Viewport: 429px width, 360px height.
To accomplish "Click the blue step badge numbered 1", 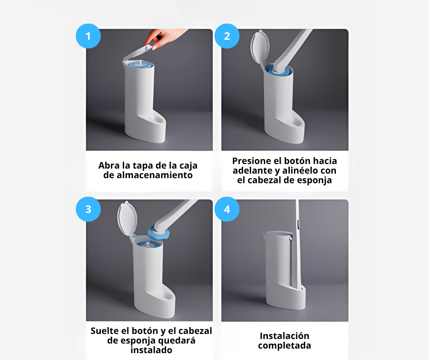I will (88, 36).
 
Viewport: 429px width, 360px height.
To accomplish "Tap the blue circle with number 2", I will (227, 36).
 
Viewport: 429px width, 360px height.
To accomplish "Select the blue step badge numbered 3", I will (88, 209).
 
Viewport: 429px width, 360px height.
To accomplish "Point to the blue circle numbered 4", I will (227, 209).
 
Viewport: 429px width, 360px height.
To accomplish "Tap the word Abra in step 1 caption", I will (108, 165).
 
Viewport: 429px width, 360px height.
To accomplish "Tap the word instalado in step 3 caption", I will (151, 350).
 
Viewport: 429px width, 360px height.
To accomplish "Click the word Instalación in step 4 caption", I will (284, 336).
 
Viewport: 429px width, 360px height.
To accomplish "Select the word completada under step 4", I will (284, 345).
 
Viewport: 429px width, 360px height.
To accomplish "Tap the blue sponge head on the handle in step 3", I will (159, 233).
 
